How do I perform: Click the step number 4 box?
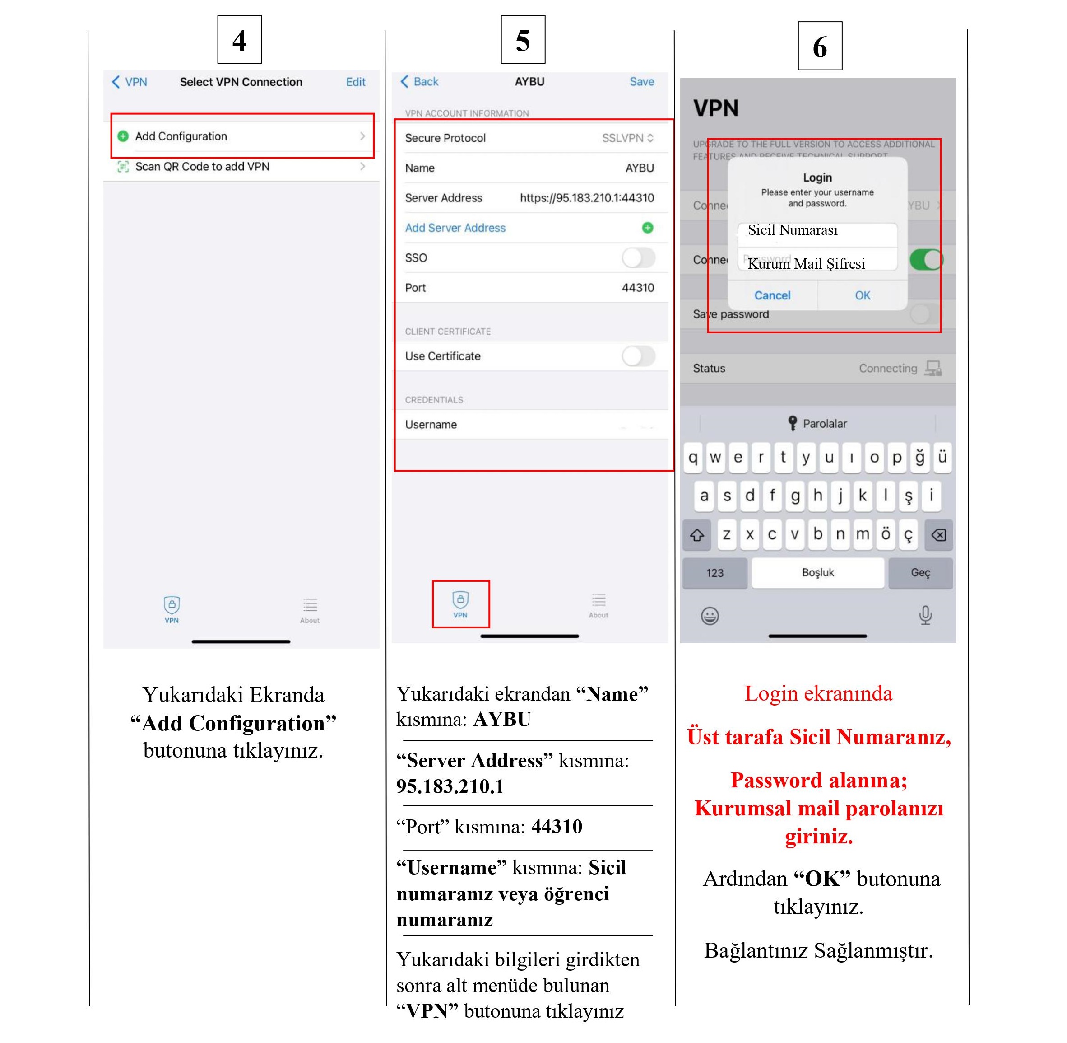239,39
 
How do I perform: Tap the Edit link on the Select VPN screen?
355,82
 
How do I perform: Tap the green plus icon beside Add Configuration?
123,136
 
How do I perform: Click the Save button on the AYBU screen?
641,82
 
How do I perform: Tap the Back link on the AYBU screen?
419,82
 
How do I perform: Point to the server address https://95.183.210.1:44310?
586,198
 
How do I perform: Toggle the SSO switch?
638,257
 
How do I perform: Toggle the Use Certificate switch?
638,356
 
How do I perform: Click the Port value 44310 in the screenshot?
637,288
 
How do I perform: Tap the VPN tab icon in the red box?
460,603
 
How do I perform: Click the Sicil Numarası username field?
817,231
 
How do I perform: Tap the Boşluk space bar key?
817,572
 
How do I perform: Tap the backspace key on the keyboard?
938,535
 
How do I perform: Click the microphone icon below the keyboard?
925,615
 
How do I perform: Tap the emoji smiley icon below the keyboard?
710,616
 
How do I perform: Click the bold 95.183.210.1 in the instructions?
450,786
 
